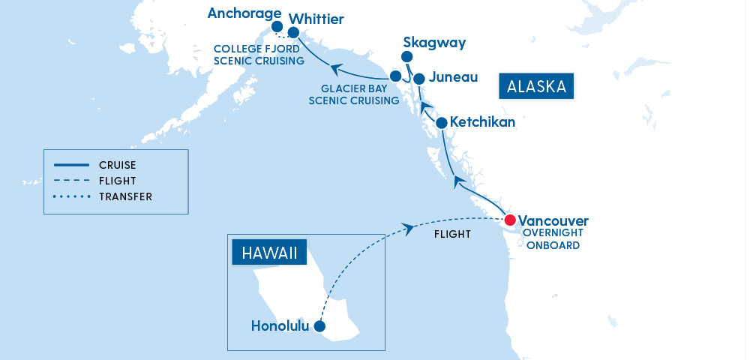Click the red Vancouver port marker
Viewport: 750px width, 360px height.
tap(510, 220)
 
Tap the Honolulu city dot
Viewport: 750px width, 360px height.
tap(319, 326)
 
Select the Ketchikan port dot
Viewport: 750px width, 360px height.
tap(442, 122)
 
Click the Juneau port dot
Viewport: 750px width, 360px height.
tap(419, 78)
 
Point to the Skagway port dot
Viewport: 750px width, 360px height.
tap(406, 57)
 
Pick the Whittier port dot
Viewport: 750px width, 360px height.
tap(293, 33)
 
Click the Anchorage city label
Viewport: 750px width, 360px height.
tap(244, 14)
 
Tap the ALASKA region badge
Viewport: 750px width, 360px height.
tap(536, 86)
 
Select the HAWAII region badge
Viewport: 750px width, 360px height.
tap(269, 253)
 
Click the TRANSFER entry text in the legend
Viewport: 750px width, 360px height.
tap(125, 197)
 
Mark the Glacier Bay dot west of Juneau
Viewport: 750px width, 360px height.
tap(395, 76)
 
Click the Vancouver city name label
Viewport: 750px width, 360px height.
tap(553, 221)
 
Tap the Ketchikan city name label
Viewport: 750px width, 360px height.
tap(482, 122)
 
